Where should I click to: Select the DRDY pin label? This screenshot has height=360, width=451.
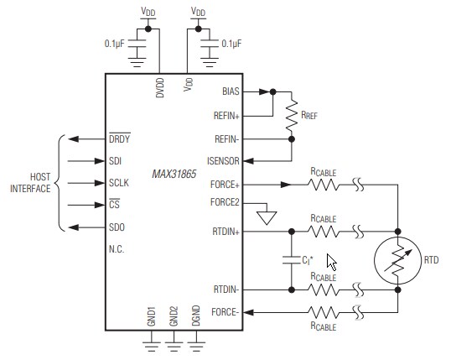pyautogui.click(x=120, y=139)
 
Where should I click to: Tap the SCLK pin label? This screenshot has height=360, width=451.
pyautogui.click(x=118, y=183)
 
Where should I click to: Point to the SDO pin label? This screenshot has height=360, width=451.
pyautogui.click(x=116, y=227)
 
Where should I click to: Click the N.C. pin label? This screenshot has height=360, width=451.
pyautogui.click(x=116, y=248)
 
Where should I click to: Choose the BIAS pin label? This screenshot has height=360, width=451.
pyautogui.click(x=231, y=91)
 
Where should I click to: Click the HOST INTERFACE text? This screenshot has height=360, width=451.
pyautogui.click(x=29, y=183)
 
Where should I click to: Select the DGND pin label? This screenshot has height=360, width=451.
pyautogui.click(x=197, y=316)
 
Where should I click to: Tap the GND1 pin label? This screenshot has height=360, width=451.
pyautogui.click(x=152, y=316)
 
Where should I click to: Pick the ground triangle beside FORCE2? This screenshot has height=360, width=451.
pyautogui.click(x=267, y=217)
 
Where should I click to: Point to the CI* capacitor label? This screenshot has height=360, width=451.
pyautogui.click(x=308, y=260)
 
